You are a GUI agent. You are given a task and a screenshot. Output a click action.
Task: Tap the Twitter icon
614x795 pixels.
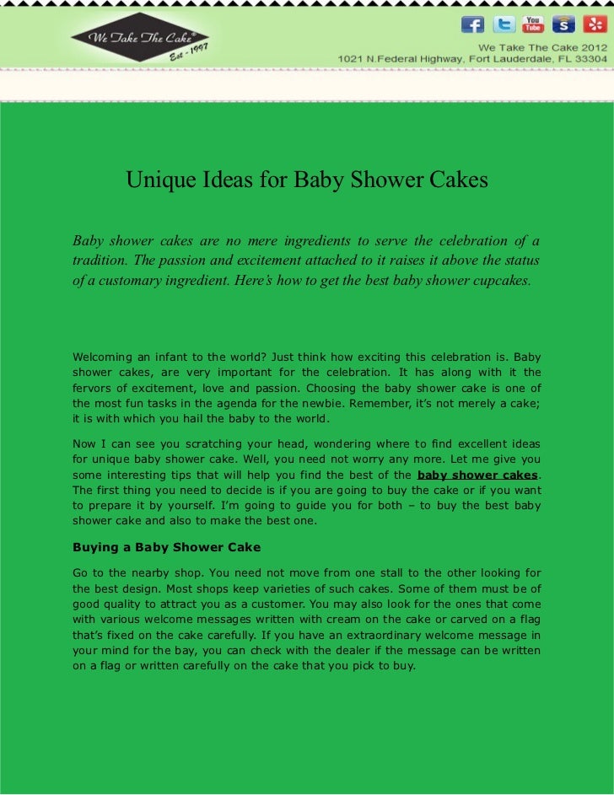pos(504,24)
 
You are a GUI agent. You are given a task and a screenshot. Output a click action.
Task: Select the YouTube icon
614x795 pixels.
pos(533,24)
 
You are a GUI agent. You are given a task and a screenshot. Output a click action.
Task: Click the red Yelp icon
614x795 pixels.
pos(594,24)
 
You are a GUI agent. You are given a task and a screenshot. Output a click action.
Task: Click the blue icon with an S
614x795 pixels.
pos(563,24)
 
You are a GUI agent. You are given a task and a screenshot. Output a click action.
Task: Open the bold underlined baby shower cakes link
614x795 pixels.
pos(477,475)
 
